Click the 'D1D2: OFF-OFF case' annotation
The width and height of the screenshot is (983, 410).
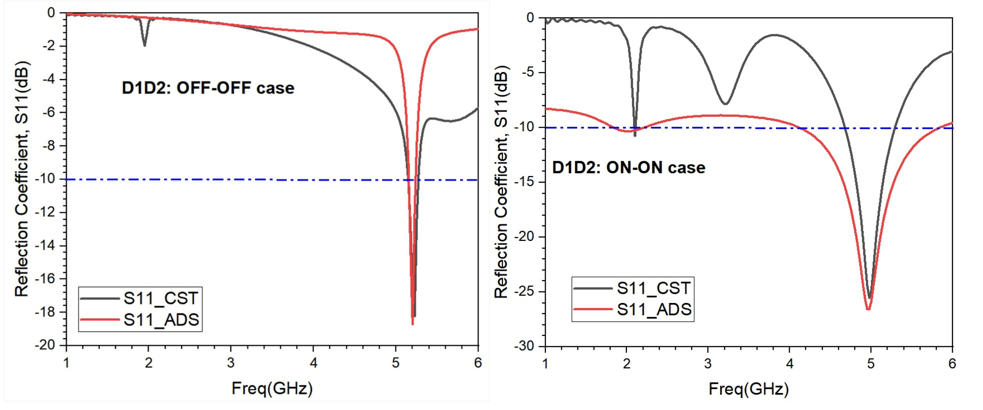208,88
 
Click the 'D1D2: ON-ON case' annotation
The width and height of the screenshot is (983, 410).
628,168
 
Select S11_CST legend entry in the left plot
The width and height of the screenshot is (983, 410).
160,298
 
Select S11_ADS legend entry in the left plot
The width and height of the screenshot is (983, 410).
161,320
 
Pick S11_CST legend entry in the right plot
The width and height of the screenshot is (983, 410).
653,288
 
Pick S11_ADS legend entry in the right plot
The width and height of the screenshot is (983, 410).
654,309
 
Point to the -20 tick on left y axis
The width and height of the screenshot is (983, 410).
45,345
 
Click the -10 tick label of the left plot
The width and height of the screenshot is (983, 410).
45,179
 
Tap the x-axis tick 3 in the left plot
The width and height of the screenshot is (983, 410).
231,363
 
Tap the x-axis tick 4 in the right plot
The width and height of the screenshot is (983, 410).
789,364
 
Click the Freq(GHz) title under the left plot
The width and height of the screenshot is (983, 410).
272,389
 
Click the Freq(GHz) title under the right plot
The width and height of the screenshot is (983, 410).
748,389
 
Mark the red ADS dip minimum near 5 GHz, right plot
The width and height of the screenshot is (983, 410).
868,309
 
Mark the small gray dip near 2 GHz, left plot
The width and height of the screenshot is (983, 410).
144,45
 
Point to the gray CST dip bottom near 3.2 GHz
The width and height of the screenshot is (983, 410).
726,103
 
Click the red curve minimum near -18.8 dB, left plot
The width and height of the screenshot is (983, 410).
413,324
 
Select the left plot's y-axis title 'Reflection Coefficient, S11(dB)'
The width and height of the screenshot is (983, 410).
22,179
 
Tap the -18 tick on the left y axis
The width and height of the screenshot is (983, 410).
45,312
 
